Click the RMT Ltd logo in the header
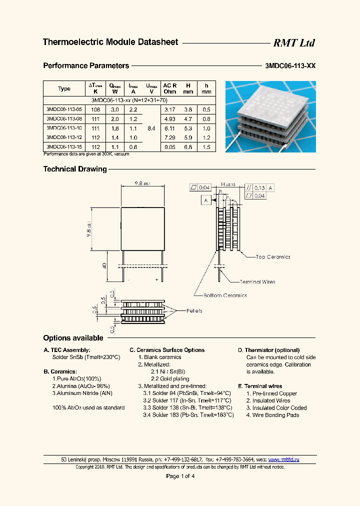point(293,43)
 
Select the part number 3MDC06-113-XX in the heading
point(290,65)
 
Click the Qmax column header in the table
point(115,88)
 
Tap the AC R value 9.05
point(169,147)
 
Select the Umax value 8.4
point(150,128)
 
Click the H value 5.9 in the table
point(188,137)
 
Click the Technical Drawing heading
point(75,169)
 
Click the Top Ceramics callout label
point(272,257)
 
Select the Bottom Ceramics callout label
point(224,295)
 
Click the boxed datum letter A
point(205,200)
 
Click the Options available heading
point(73,338)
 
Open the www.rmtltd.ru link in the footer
point(283,459)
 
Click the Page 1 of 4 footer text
point(180,476)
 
